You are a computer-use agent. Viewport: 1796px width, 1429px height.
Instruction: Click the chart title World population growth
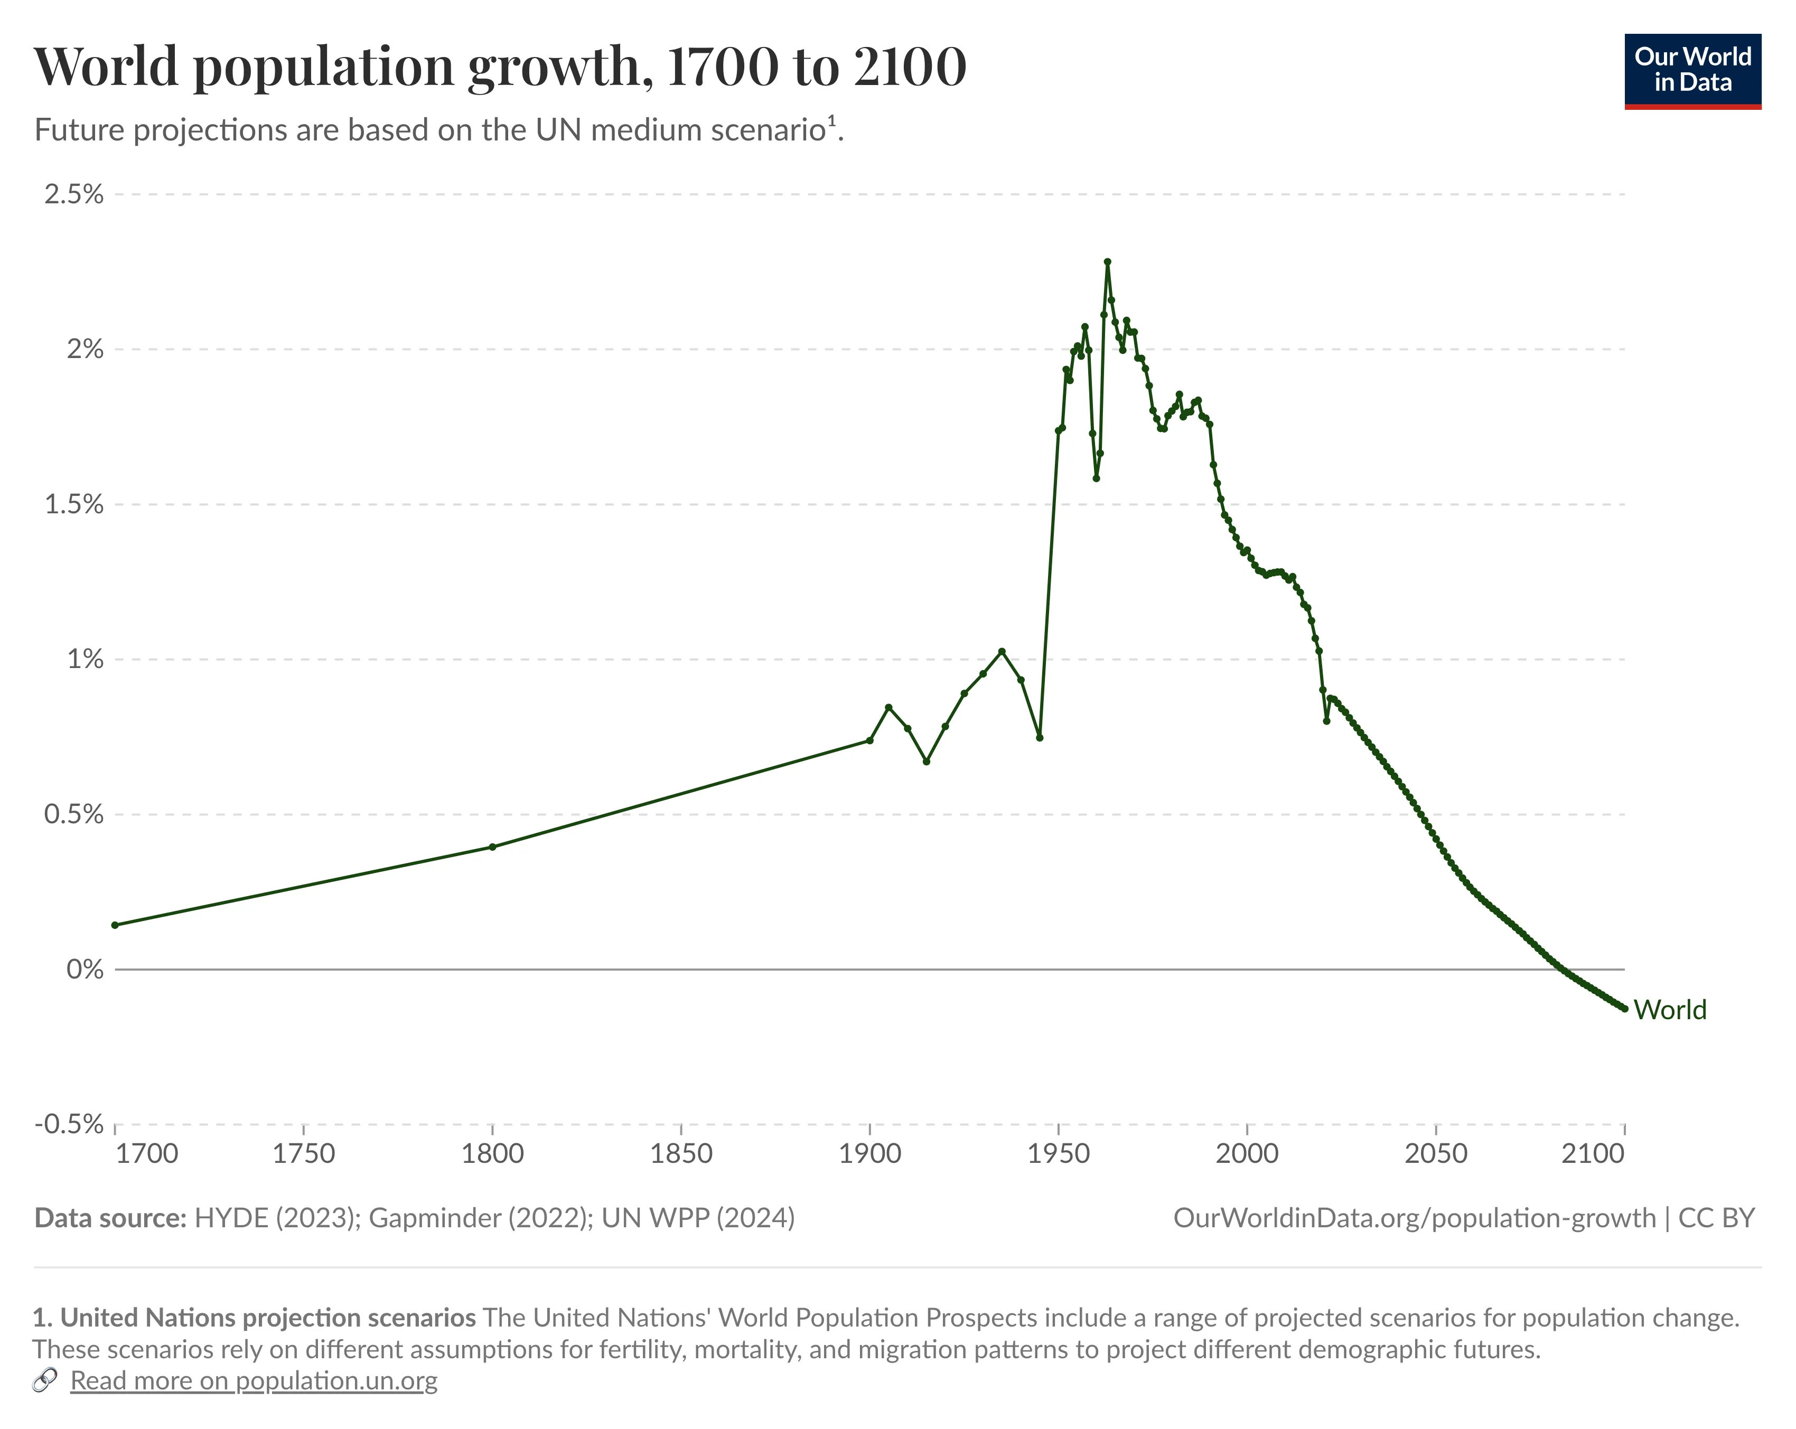coord(500,67)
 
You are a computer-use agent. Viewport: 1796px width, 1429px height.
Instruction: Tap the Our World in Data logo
coord(1692,71)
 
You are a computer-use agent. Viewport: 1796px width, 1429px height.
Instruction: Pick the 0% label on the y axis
coord(85,970)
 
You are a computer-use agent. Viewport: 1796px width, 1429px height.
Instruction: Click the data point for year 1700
coord(115,925)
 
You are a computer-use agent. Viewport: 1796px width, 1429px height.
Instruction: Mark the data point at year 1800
coord(492,847)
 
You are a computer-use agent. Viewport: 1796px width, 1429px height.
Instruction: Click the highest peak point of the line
coord(1107,261)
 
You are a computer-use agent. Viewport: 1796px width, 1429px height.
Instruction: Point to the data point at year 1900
coord(869,740)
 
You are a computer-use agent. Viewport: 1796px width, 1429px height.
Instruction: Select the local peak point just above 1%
coord(1002,651)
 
